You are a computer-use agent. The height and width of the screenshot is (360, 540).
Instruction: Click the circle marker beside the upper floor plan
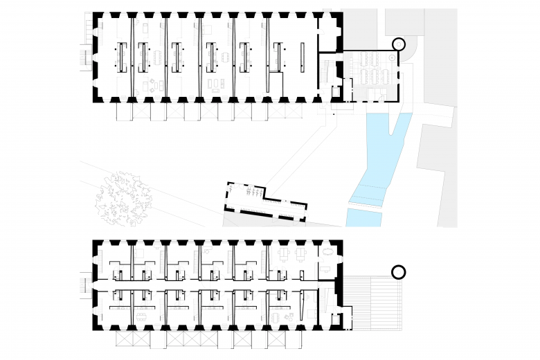pos(399,44)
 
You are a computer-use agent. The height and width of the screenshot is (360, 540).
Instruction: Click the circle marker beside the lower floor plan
pos(399,272)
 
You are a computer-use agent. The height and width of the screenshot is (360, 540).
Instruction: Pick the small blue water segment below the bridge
pos(364,218)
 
